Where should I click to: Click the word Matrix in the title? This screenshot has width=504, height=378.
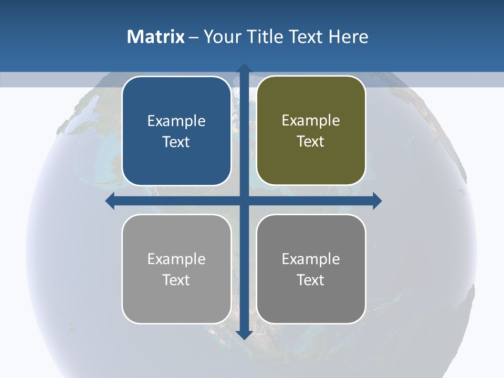pos(156,37)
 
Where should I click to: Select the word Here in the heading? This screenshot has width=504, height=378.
pos(349,37)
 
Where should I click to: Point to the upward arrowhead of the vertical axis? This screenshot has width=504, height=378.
pos(244,68)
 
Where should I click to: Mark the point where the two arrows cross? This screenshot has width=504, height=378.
pos(244,201)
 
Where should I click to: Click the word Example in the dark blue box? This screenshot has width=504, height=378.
pos(176,121)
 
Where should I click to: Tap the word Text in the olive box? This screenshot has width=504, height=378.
pos(311,142)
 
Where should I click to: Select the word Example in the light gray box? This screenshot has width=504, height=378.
pos(176,259)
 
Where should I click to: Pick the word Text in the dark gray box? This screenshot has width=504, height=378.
pos(311,280)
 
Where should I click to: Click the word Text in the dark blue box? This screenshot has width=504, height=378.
pos(176,142)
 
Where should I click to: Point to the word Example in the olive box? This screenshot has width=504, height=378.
pos(311,121)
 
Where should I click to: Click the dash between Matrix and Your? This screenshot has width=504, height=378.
pos(194,37)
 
